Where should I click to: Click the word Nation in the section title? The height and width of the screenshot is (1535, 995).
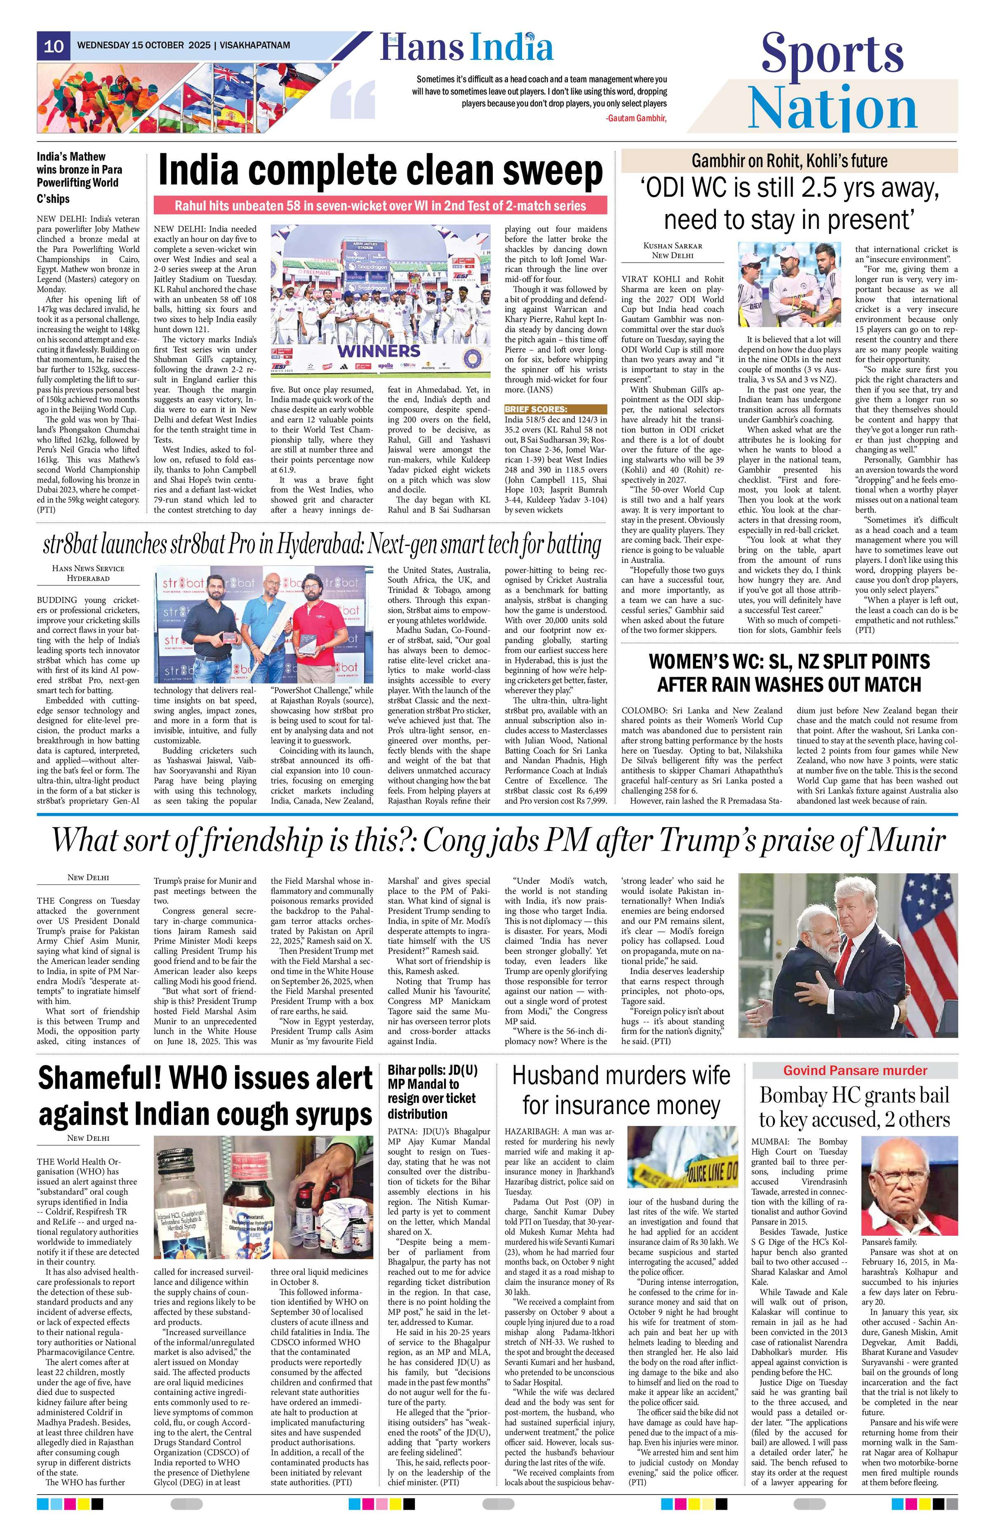coord(832,108)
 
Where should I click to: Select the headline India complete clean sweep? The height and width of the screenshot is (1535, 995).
coord(381,172)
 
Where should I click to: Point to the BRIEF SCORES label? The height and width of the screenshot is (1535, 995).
coord(536,409)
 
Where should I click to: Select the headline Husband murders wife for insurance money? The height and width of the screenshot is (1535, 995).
coord(621,1090)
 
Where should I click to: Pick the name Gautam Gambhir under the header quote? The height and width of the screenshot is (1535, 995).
coord(635,118)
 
